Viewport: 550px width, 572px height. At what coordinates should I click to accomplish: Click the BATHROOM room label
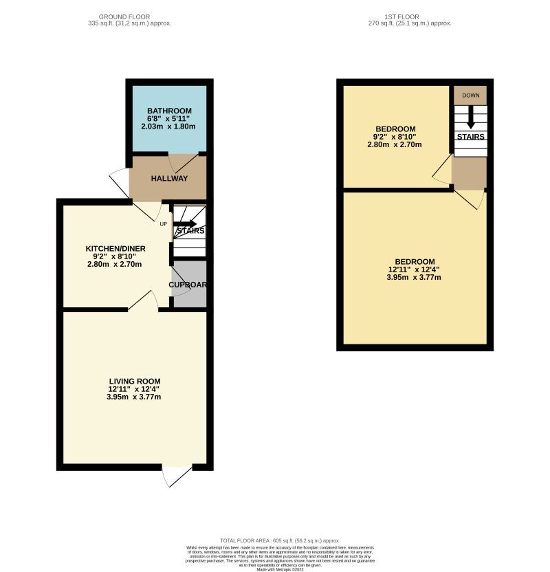(169, 111)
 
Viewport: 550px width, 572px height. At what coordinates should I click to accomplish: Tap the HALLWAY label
(169, 179)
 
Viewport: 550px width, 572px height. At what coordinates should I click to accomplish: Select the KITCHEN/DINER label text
(113, 248)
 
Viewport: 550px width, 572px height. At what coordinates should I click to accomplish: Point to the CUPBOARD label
(188, 285)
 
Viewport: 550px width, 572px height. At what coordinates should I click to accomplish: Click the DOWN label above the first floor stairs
(470, 96)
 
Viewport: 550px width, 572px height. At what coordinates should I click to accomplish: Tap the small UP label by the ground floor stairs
(163, 224)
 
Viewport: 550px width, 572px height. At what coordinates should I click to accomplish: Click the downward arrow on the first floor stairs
(470, 118)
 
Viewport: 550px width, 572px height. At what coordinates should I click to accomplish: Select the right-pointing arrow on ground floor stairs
(186, 223)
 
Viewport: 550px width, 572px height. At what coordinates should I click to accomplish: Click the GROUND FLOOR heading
(124, 16)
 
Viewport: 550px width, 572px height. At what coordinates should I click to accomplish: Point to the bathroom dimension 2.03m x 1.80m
(168, 126)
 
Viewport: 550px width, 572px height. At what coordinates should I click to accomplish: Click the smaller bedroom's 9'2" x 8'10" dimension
(395, 137)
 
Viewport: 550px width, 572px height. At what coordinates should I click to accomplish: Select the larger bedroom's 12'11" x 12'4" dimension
(414, 269)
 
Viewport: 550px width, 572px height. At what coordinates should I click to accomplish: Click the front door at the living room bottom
(177, 476)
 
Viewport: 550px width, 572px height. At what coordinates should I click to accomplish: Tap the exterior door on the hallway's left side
(120, 181)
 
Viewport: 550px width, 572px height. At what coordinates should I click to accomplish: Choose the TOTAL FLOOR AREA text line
(280, 541)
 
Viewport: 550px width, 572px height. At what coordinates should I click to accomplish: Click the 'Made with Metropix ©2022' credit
(280, 569)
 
